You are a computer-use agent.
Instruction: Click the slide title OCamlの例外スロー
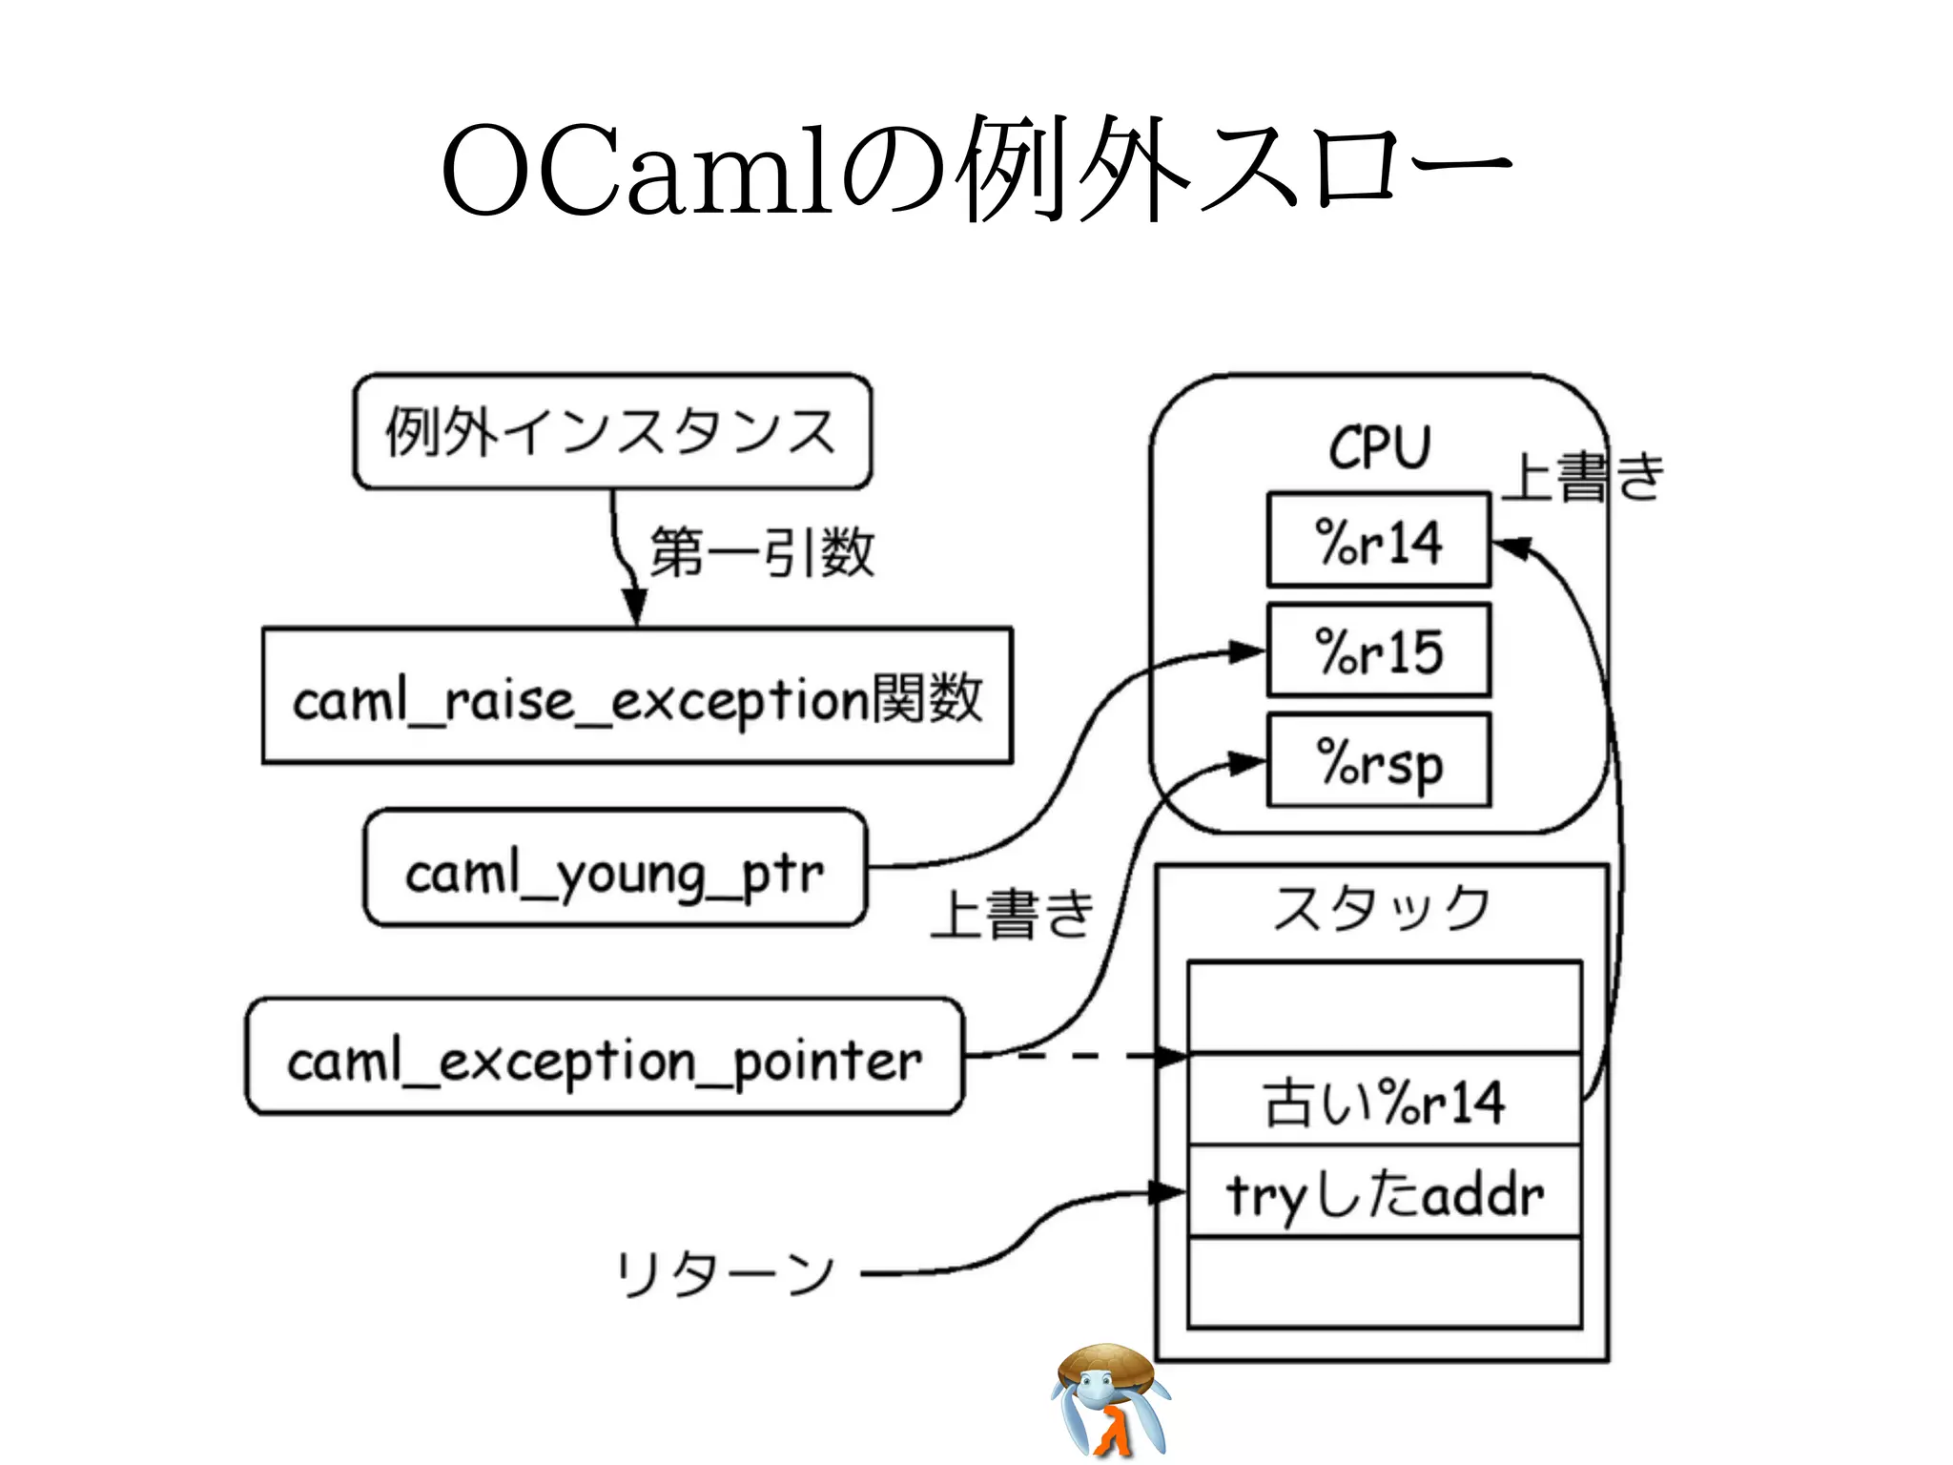[975, 170]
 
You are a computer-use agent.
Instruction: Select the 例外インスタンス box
[612, 432]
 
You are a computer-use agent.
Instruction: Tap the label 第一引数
[761, 552]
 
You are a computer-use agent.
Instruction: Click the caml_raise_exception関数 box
[637, 696]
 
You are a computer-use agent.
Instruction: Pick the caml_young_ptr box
[615, 869]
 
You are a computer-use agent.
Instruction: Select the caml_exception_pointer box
[605, 1057]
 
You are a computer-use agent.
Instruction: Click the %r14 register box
[1378, 541]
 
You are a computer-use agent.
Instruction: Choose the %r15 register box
[1378, 650]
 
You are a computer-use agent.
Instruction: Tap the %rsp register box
[1378, 761]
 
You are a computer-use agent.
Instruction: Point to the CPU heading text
[1380, 446]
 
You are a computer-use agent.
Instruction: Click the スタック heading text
[1382, 907]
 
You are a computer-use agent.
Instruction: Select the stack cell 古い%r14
[1384, 1101]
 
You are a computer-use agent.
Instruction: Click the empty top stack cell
[1384, 1007]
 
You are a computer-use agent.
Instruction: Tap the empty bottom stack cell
[1384, 1282]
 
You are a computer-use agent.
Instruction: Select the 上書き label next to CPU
[1583, 477]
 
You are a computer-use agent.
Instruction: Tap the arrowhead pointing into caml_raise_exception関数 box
[635, 607]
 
